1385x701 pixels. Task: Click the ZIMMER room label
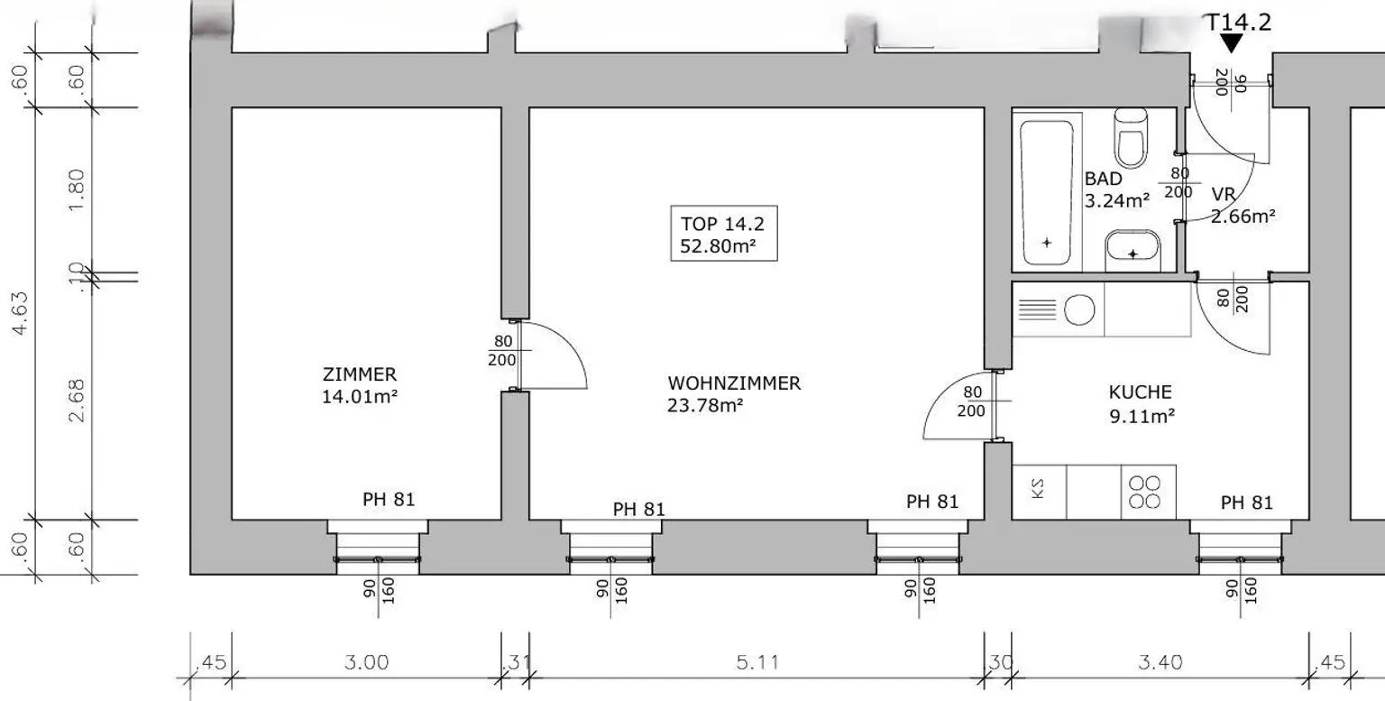click(359, 374)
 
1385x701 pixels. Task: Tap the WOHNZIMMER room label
click(733, 383)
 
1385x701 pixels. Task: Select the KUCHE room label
click(1140, 392)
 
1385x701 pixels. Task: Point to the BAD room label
click(1103, 180)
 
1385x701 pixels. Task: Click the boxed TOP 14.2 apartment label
click(722, 235)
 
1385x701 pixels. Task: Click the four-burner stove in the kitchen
click(1148, 492)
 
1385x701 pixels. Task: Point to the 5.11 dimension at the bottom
click(757, 662)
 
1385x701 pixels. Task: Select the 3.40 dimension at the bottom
click(1160, 662)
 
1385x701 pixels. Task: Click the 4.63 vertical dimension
click(20, 311)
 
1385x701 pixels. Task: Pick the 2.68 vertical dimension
click(76, 400)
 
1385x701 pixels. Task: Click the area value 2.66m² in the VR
click(1243, 216)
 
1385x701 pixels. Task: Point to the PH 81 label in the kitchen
click(1246, 503)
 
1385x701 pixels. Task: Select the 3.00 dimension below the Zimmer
click(366, 662)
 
